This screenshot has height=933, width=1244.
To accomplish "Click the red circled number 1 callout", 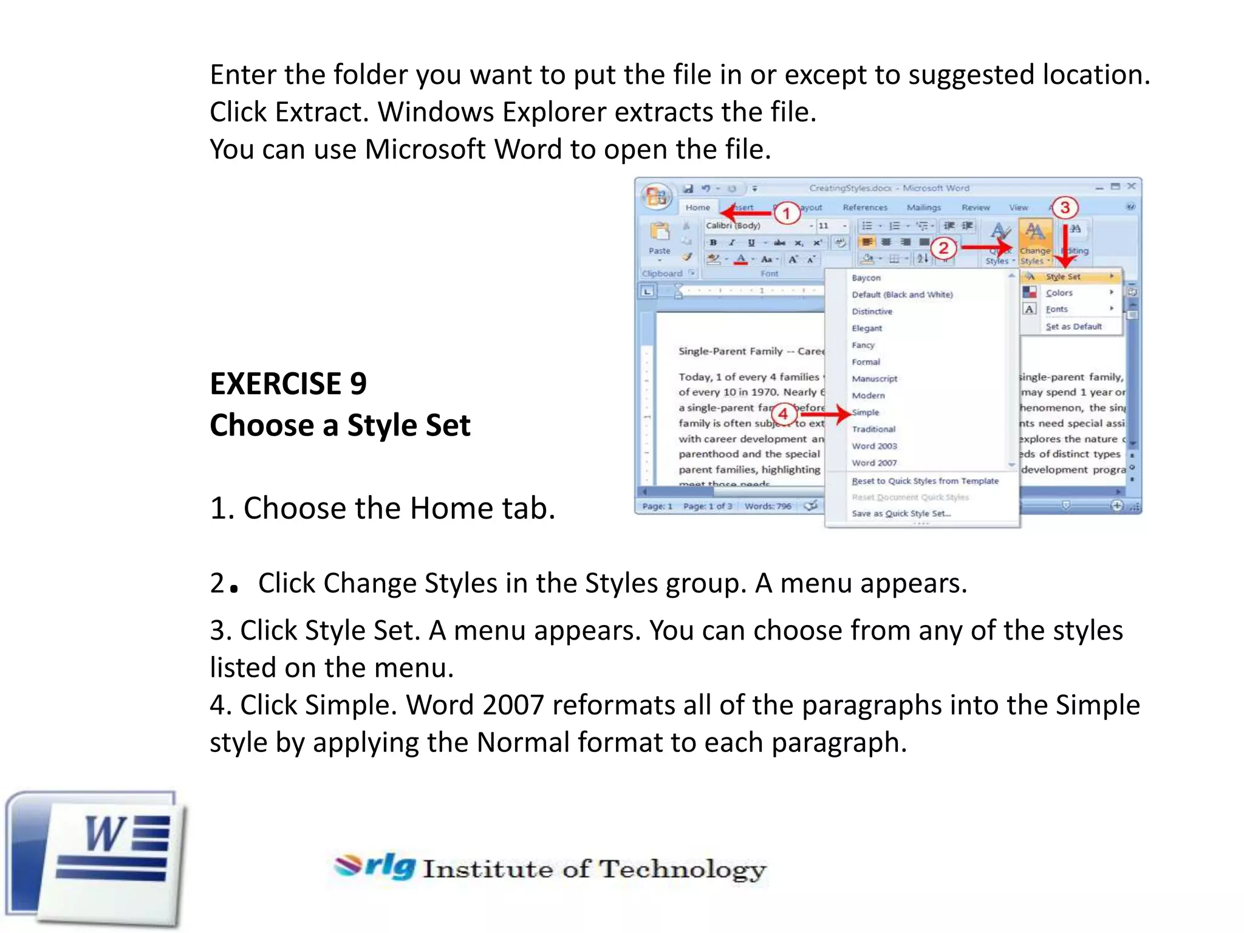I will point(787,213).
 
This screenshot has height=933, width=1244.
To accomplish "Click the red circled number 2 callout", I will point(943,248).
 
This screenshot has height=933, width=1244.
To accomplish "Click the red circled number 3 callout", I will point(1065,208).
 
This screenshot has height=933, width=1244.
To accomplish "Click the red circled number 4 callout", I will point(784,414).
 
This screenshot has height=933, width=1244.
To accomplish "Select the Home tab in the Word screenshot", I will point(697,208).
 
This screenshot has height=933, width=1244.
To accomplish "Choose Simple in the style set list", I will point(865,412).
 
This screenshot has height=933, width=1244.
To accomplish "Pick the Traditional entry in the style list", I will point(873,429).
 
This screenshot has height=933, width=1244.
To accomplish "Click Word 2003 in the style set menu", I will point(874,446).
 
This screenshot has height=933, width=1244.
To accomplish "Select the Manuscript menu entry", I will point(874,378).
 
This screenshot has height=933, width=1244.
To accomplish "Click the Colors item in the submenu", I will point(1059,293).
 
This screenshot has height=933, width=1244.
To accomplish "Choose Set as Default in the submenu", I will point(1073,327).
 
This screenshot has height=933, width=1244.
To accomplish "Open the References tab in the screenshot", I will point(865,208).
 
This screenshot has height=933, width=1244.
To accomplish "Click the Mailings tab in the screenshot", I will point(923,208).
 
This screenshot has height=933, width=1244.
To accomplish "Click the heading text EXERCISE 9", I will point(288,384).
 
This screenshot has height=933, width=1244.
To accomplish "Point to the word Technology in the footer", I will point(682,869).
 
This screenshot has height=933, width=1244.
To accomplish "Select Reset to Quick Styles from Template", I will point(924,481).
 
